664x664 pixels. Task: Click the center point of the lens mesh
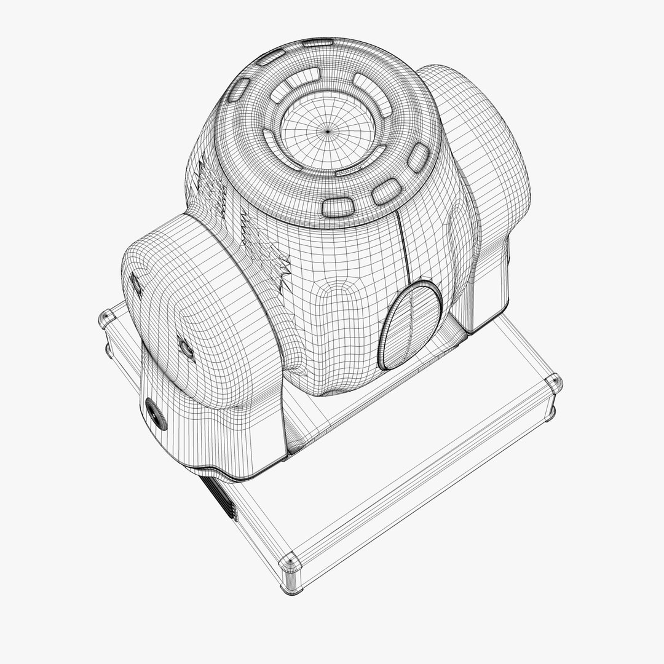[327, 130]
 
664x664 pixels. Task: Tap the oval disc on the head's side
[411, 325]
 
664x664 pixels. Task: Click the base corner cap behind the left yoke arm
[106, 319]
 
